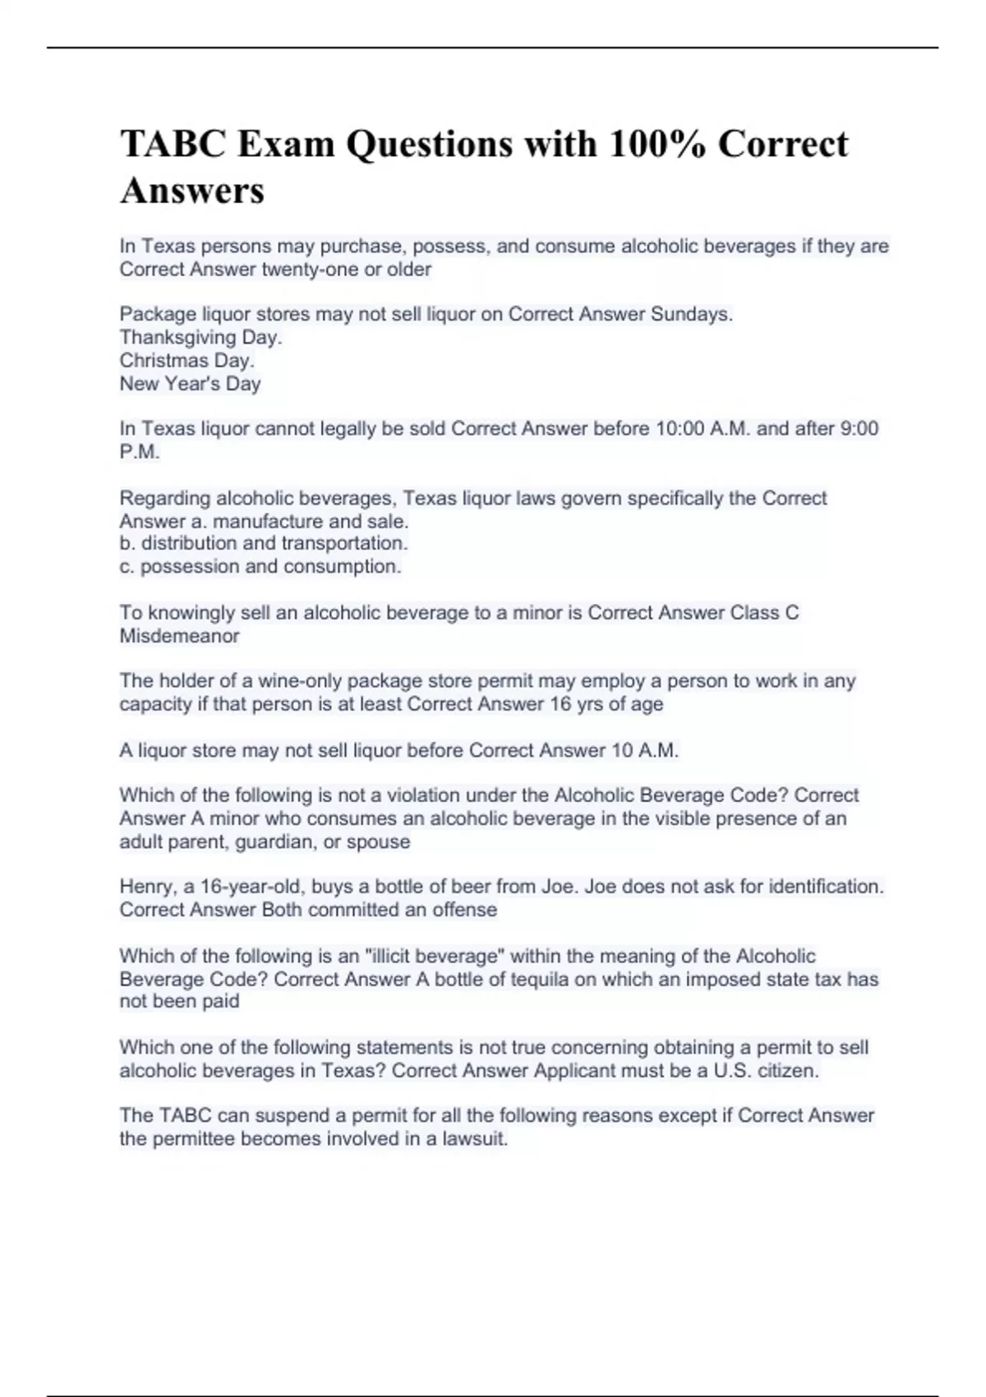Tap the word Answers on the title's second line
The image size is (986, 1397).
click(192, 191)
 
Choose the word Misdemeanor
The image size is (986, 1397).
click(179, 635)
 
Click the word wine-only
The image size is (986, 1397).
click(301, 680)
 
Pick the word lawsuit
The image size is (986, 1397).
click(475, 1139)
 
